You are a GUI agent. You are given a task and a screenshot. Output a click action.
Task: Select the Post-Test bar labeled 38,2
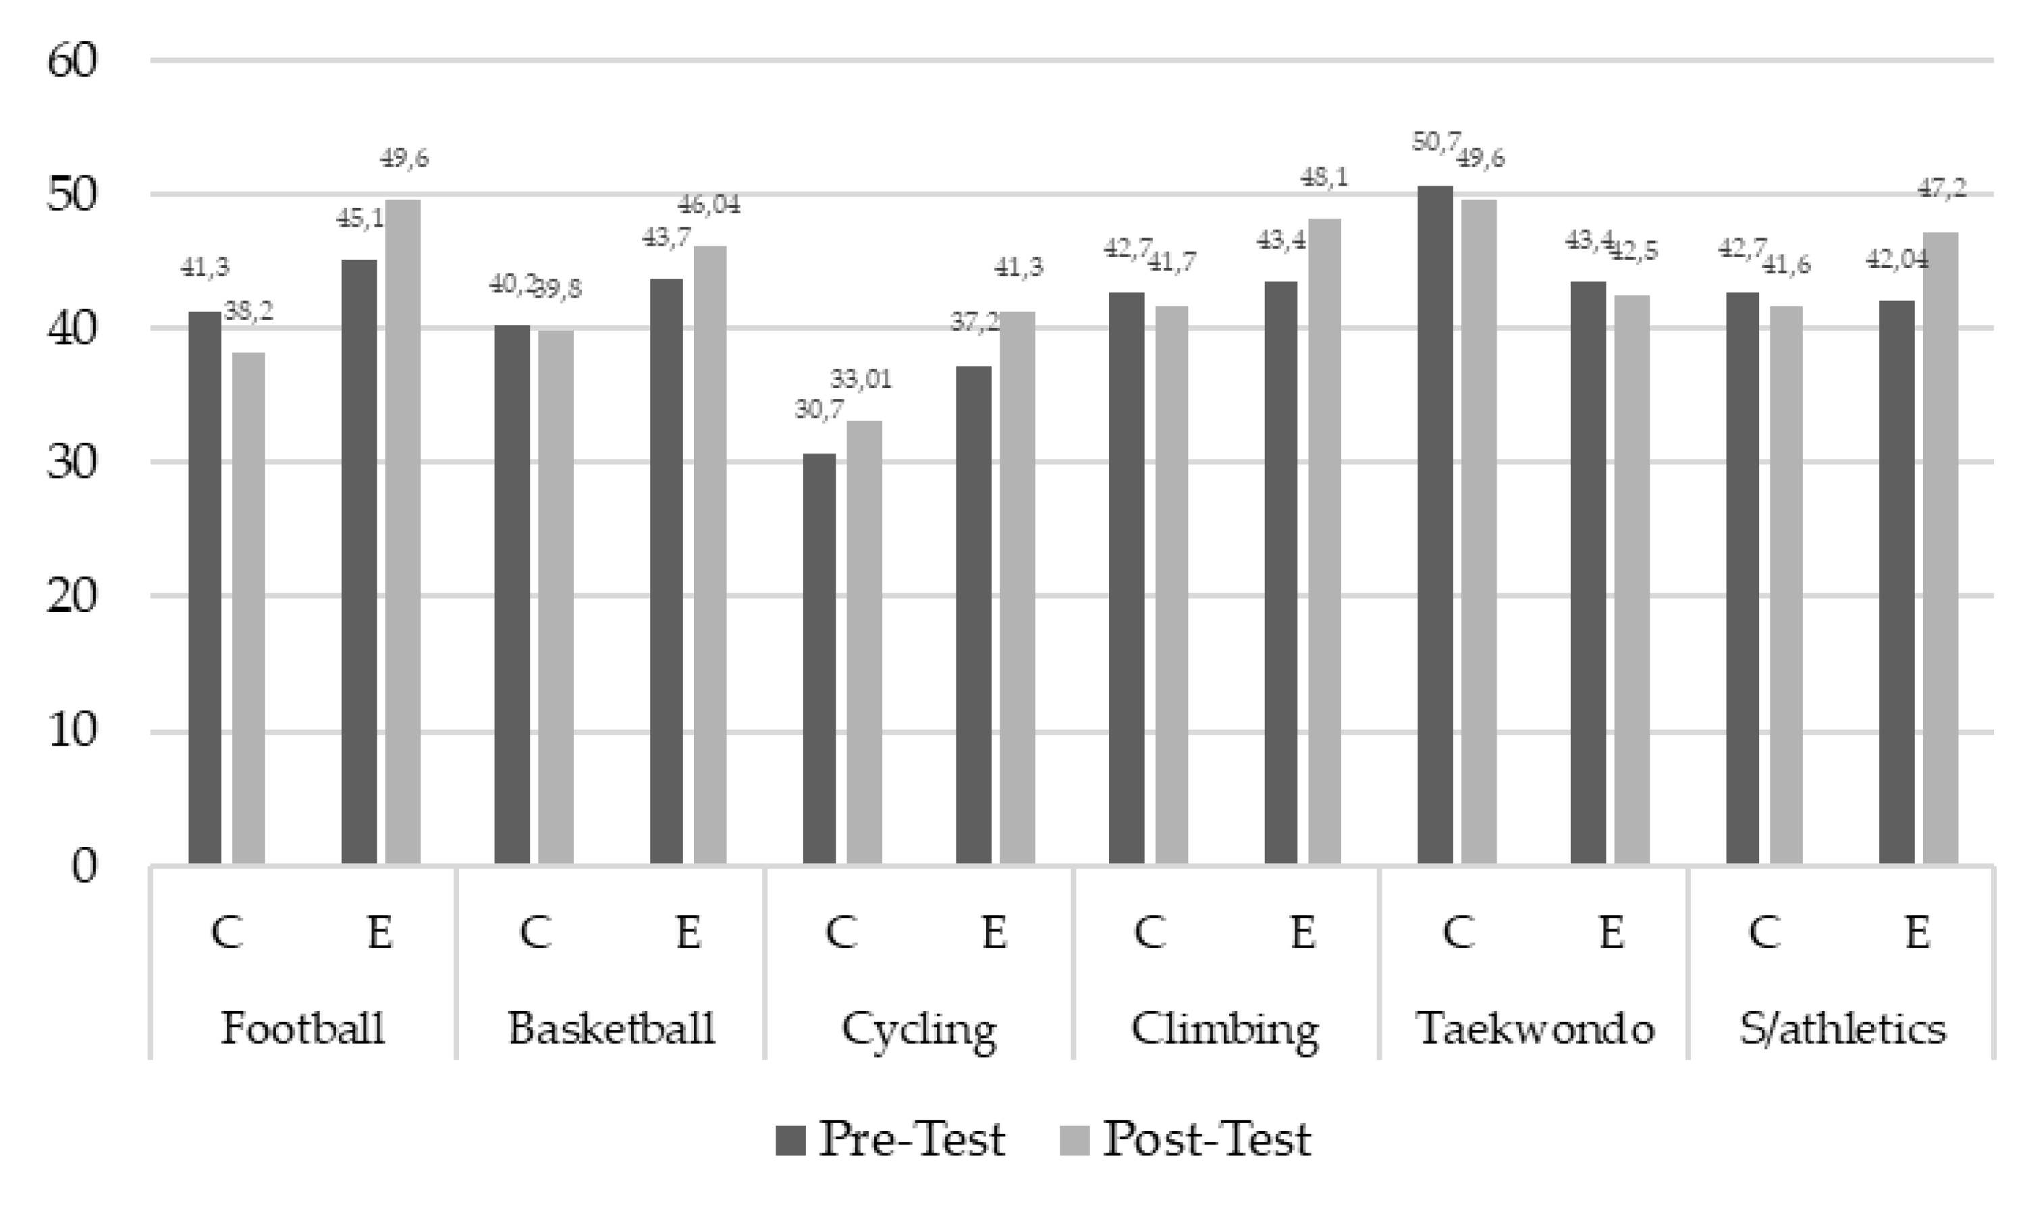point(248,607)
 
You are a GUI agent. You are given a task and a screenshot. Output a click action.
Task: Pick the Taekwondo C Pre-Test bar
point(1434,524)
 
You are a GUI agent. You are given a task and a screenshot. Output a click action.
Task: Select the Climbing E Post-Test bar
point(1324,541)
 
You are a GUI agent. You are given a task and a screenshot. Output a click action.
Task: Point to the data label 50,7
point(1435,142)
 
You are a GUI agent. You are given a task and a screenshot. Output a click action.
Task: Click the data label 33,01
point(861,379)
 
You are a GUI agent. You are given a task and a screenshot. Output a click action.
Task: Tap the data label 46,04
point(709,204)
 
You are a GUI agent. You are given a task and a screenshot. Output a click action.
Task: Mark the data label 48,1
point(1324,177)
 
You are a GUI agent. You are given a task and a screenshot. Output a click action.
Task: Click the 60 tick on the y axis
point(72,61)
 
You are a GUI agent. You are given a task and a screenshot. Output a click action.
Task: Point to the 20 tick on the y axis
point(72,596)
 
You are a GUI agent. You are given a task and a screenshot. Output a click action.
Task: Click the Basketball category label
point(612,1028)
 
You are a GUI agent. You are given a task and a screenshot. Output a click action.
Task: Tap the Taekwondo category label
point(1534,1028)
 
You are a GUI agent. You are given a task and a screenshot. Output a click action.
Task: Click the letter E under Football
point(379,933)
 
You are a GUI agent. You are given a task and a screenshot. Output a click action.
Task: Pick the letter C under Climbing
point(1149,933)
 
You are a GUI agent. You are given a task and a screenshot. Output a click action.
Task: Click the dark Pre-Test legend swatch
point(790,1141)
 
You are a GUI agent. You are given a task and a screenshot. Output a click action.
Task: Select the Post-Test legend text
point(1206,1138)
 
